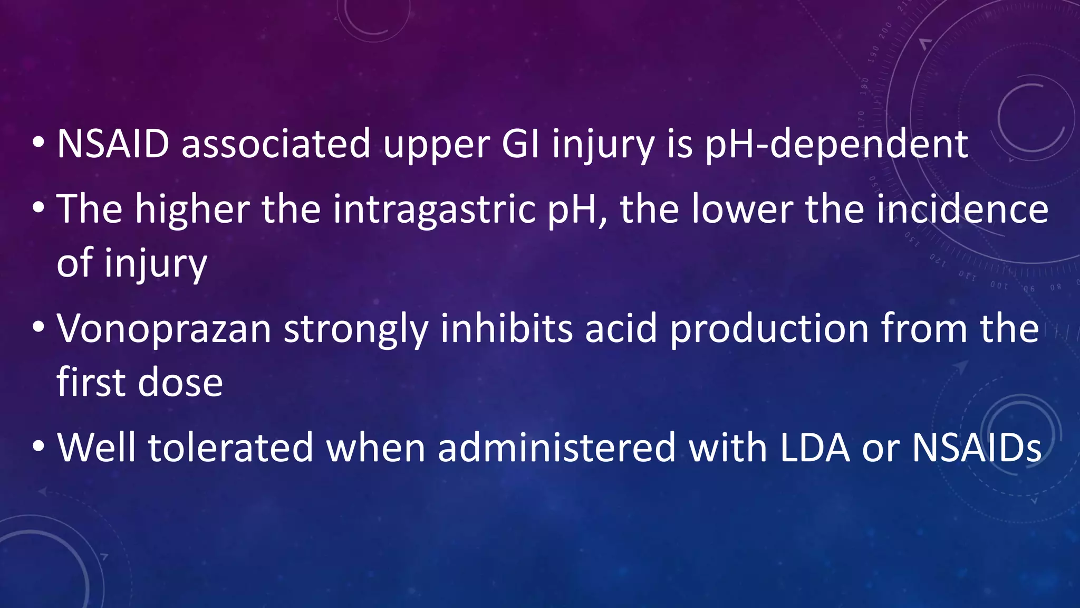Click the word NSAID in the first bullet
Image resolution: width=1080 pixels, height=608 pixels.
click(113, 144)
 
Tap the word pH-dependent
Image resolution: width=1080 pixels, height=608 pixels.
click(836, 145)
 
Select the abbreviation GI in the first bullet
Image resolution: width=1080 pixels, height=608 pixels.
click(520, 144)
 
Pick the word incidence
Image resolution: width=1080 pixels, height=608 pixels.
click(963, 209)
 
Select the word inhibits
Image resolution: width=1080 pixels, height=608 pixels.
click(506, 328)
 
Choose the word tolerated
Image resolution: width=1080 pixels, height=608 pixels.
click(230, 448)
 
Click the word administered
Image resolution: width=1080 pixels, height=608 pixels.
click(556, 448)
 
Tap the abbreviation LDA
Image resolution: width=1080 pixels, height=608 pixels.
click(815, 448)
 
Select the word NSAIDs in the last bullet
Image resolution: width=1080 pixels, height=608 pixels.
click(977, 448)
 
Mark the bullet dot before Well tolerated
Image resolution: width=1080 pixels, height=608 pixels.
click(38, 446)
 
